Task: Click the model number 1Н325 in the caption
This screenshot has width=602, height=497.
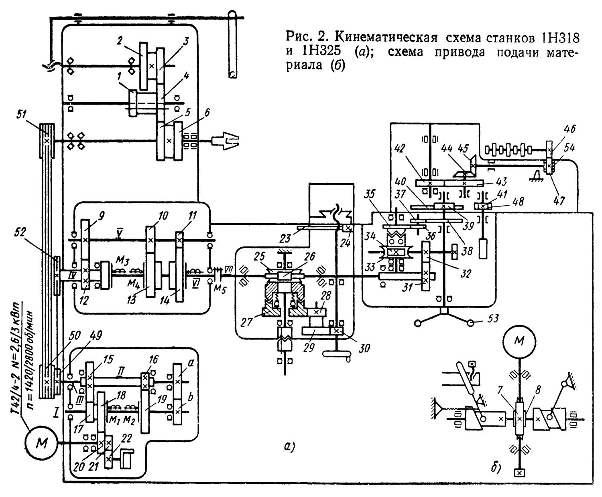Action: pos(318,53)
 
